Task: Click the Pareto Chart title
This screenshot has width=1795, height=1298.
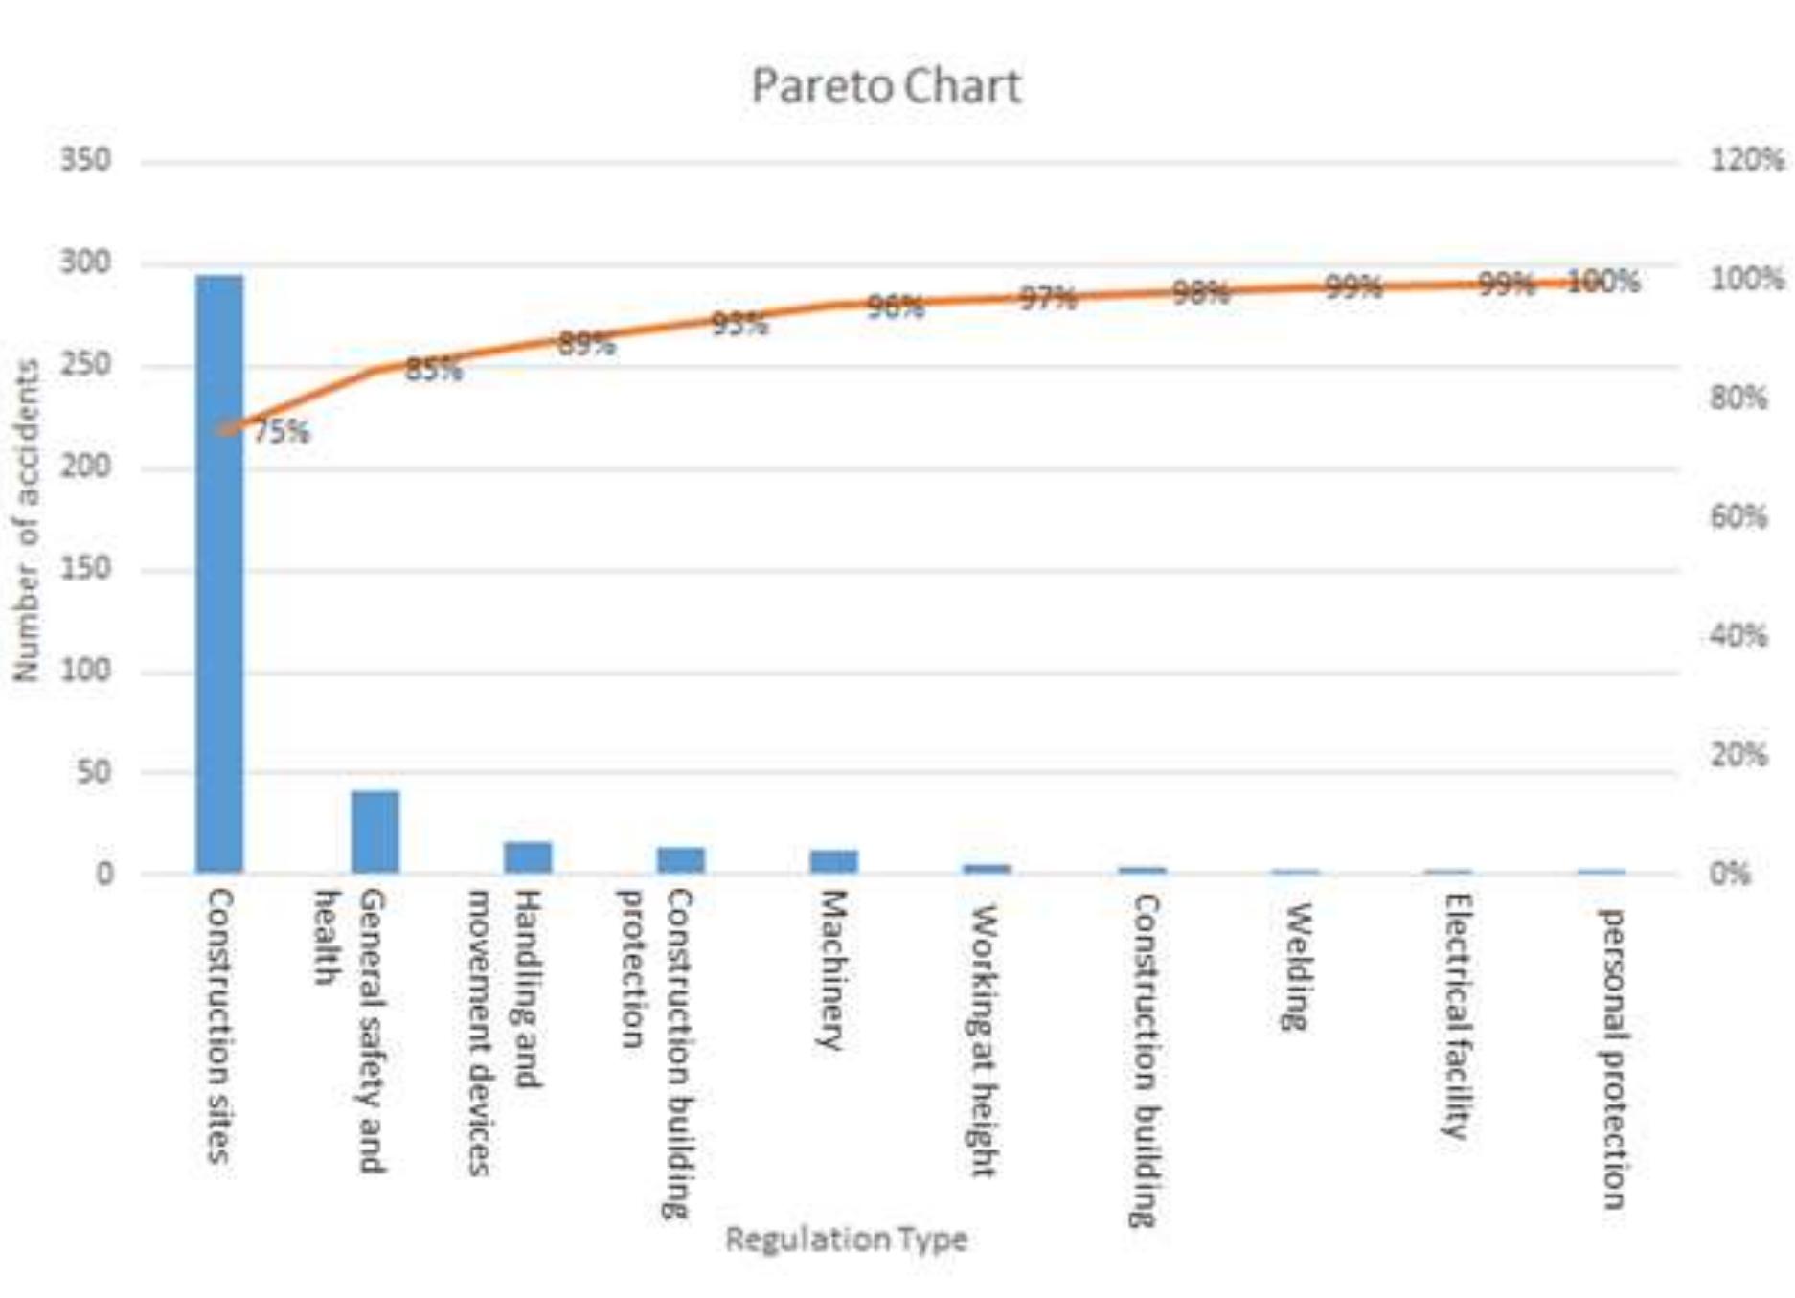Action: pyautogui.click(x=886, y=86)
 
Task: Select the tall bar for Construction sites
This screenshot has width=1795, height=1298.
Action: pyautogui.click(x=219, y=575)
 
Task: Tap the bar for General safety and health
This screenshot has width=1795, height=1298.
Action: pyautogui.click(x=375, y=831)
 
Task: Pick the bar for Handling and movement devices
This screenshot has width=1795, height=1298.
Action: pyautogui.click(x=528, y=857)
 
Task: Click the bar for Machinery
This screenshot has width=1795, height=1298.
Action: pyautogui.click(x=833, y=861)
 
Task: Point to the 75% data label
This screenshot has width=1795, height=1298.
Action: pyautogui.click(x=282, y=432)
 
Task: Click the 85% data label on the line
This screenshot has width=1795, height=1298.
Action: pyautogui.click(x=433, y=370)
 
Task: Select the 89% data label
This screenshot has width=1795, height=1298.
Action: pyautogui.click(x=586, y=344)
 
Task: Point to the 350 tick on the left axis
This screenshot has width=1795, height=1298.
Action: pyautogui.click(x=85, y=159)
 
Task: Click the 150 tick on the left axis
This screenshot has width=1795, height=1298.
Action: pyautogui.click(x=85, y=568)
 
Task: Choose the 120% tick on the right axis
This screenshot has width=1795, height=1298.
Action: pyautogui.click(x=1747, y=159)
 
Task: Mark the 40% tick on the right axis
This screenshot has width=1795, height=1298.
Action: pyautogui.click(x=1738, y=635)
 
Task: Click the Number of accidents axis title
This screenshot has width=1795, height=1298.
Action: pyautogui.click(x=27, y=520)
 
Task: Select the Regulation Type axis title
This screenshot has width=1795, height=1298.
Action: pyautogui.click(x=847, y=1240)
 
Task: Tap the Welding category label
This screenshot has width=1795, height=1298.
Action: pyautogui.click(x=1296, y=967)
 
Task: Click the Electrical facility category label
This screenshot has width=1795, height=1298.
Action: pyautogui.click(x=1456, y=1015)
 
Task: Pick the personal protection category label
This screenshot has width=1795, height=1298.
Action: pyautogui.click(x=1613, y=1059)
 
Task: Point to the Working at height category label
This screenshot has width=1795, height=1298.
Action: pyautogui.click(x=984, y=1040)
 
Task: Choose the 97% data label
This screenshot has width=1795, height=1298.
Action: pyautogui.click(x=1047, y=298)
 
